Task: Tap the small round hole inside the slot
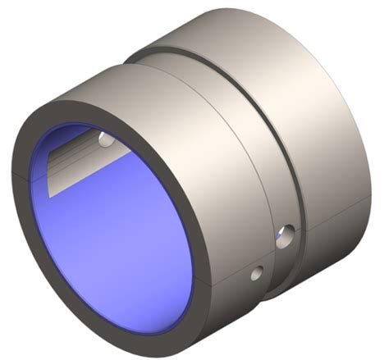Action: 105,141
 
